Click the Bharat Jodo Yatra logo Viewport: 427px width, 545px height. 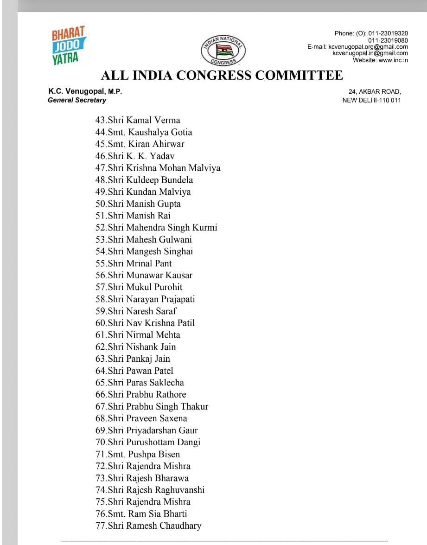coord(69,45)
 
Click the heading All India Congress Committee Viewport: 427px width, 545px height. coord(222,75)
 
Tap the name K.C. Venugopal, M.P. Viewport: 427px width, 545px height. coord(85,92)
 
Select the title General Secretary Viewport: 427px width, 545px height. coord(77,100)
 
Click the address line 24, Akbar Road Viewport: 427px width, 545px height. coord(374,92)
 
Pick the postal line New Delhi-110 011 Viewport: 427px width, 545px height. coord(371,100)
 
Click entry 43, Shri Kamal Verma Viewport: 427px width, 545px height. coord(138,120)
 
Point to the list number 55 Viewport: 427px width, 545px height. coord(101,263)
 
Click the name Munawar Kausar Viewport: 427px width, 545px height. coord(159,276)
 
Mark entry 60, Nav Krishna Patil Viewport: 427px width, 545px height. coord(145,323)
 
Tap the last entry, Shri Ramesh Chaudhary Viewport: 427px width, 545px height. coord(148,526)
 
